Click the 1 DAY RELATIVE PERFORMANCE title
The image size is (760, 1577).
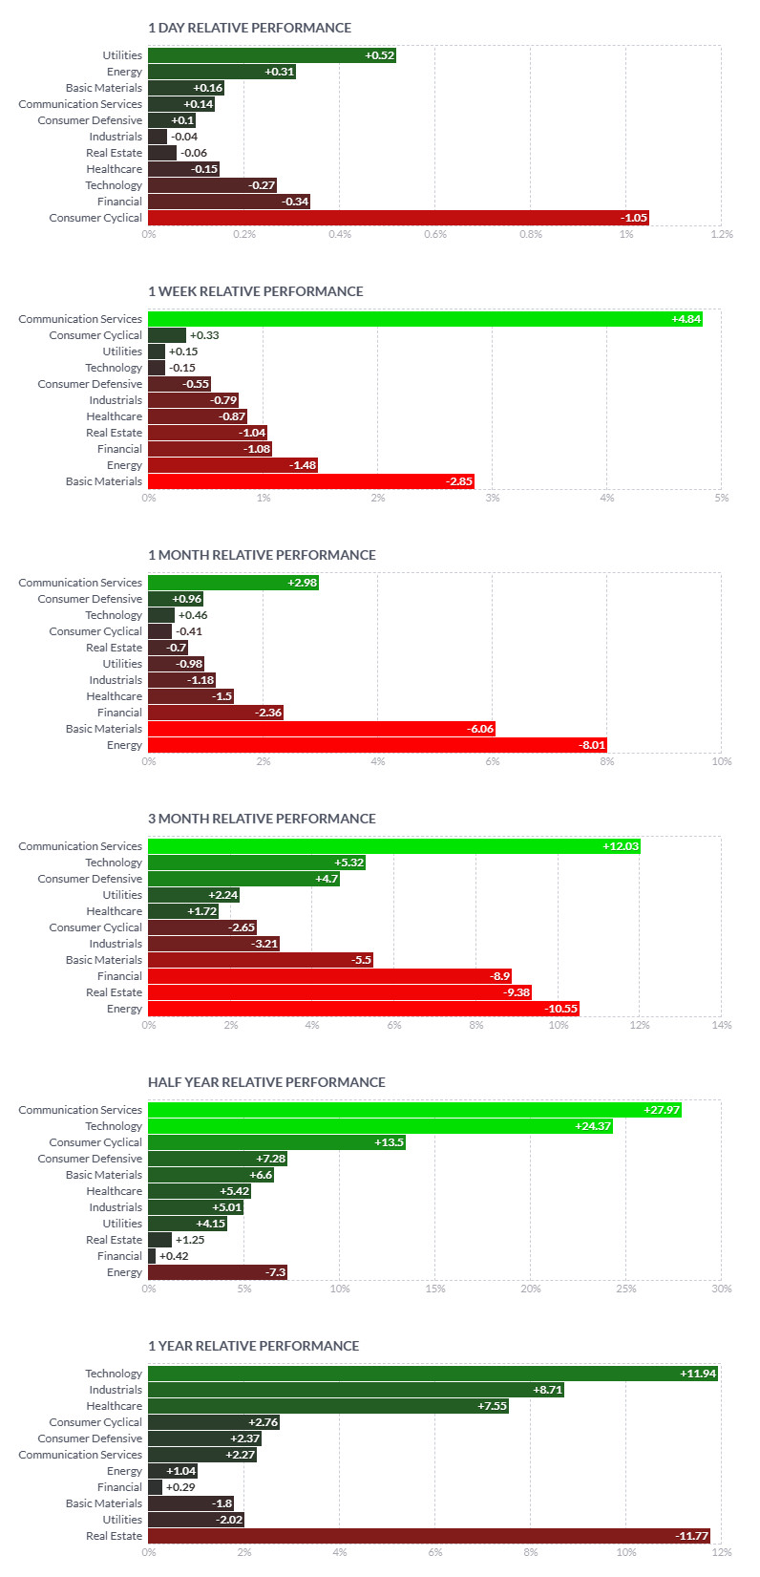(249, 28)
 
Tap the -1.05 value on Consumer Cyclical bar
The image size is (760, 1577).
(634, 218)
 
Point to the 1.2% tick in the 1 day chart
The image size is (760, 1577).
(722, 234)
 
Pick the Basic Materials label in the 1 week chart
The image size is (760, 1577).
(104, 481)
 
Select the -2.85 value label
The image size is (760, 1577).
(459, 481)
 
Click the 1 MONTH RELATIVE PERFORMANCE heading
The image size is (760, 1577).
(262, 555)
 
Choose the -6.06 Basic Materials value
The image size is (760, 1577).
(480, 729)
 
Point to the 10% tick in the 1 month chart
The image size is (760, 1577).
(722, 761)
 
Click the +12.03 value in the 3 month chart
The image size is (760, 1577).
(621, 846)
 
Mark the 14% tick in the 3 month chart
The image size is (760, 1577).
(722, 1025)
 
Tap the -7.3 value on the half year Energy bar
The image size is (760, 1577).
(275, 1272)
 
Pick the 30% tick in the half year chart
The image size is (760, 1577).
(722, 1289)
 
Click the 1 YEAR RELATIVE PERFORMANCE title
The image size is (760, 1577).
(253, 1346)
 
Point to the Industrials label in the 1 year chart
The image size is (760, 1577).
(116, 1390)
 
